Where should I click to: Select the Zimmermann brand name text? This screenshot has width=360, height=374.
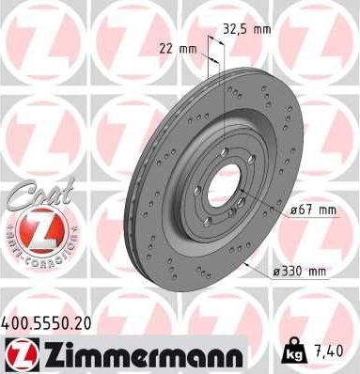coord(140,354)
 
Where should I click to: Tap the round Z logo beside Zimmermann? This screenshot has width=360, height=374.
coord(19,354)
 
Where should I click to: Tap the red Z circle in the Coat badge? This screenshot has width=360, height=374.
coord(32,228)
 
